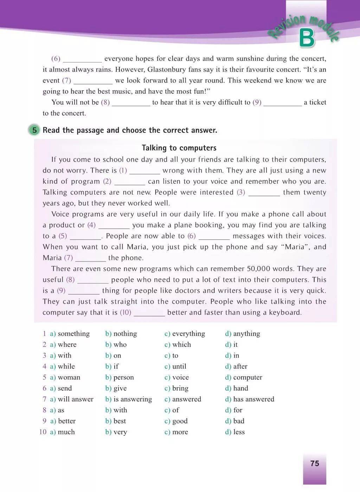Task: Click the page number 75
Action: (315, 463)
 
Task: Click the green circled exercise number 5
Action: (34, 130)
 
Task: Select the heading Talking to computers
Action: (179, 148)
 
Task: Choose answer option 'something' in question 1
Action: (73, 334)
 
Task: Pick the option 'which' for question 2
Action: (181, 344)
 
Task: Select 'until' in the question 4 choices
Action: (179, 366)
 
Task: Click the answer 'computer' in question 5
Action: (247, 377)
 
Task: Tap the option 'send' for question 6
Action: (65, 388)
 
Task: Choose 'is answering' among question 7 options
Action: (133, 399)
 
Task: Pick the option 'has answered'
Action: (253, 399)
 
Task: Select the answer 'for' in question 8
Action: (238, 410)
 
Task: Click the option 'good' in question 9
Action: (180, 421)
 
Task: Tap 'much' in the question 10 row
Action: (66, 432)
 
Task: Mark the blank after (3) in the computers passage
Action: (264, 193)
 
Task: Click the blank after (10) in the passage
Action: (149, 313)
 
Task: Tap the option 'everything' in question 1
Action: (188, 334)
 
